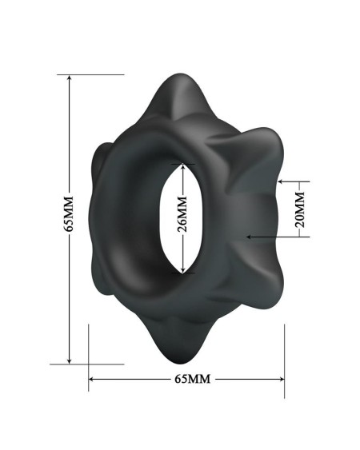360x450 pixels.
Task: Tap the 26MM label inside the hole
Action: tap(183, 218)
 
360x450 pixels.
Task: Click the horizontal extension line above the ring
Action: tap(96, 74)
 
